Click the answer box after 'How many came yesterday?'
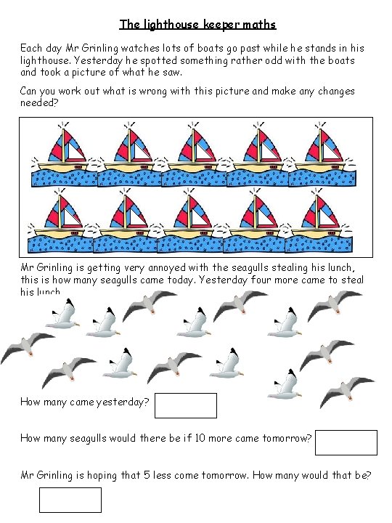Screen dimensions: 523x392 [186, 405]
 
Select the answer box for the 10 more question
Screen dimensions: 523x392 [346, 442]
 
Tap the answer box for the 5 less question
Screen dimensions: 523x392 [70, 500]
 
